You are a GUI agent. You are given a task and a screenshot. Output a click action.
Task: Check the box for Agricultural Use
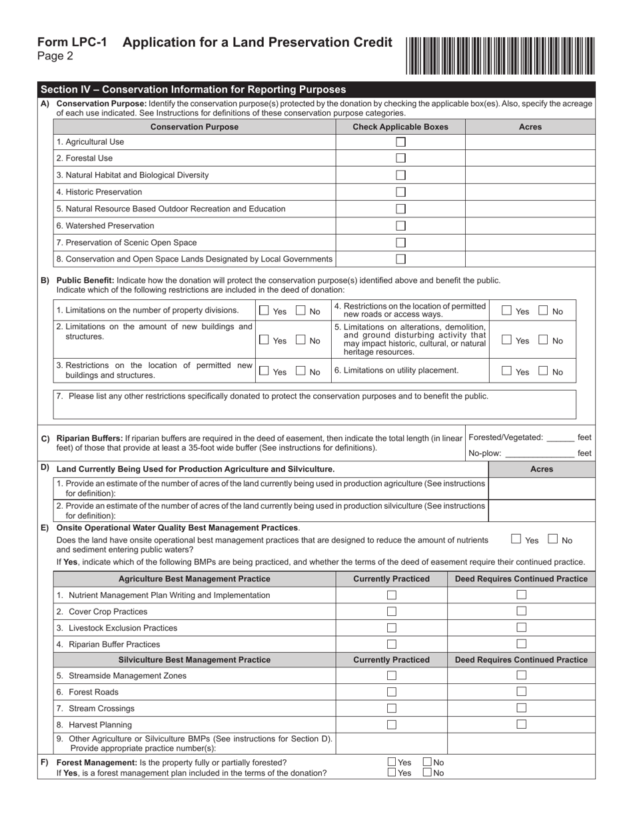pos(400,142)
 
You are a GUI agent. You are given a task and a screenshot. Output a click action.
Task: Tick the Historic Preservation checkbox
pos(400,192)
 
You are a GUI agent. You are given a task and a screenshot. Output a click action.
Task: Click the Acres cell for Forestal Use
pos(530,159)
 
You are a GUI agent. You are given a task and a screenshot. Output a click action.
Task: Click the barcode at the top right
pos(499,55)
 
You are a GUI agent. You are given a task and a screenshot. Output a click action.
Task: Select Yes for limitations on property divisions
pos(265,311)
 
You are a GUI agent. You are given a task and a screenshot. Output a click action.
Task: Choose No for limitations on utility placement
pos(544,371)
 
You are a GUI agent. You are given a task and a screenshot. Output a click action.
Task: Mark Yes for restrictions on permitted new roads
pos(507,311)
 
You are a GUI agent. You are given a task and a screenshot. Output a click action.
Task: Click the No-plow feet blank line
pos(539,455)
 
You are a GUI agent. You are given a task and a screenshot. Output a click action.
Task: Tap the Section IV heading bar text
pos(193,89)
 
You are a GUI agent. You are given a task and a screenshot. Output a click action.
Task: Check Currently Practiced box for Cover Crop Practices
pos(392,611)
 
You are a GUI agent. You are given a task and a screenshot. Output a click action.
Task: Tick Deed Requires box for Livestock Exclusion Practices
pos(522,627)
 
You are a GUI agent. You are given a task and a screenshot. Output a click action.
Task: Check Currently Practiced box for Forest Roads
pos(392,692)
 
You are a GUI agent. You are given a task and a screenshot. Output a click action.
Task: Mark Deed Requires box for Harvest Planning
pos(522,724)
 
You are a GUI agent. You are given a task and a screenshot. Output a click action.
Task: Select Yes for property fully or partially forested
pos(392,763)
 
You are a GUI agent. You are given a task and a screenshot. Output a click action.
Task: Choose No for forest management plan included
pos(427,773)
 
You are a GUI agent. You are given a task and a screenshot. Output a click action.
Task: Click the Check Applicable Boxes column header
pos(400,127)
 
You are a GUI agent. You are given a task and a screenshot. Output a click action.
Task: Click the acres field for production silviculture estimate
pos(541,511)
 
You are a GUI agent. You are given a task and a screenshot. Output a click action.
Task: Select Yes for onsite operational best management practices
pos(516,539)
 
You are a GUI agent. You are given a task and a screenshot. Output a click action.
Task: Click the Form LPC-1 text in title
pos(72,43)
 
